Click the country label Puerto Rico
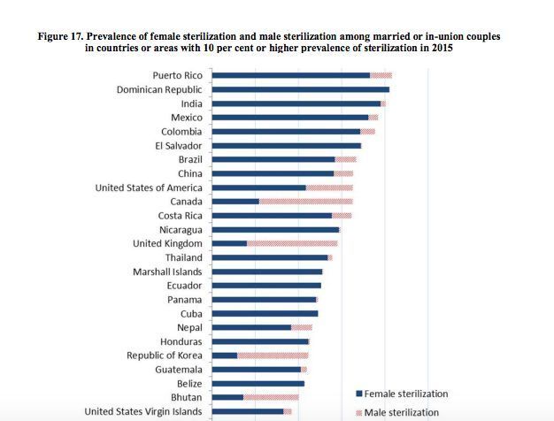pyautogui.click(x=177, y=75)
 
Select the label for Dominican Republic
pyautogui.click(x=159, y=89)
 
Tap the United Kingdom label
pyautogui.click(x=167, y=243)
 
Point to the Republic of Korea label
pyautogui.click(x=165, y=356)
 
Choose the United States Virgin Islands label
pyautogui.click(x=142, y=411)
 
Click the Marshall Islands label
pyautogui.click(x=167, y=272)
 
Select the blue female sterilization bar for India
pyautogui.click(x=296, y=103)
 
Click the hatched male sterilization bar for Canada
pyautogui.click(x=305, y=202)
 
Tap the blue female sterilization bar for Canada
pyautogui.click(x=235, y=202)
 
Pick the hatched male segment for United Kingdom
pyautogui.click(x=292, y=243)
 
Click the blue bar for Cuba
pyautogui.click(x=265, y=313)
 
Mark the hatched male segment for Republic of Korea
pyautogui.click(x=273, y=356)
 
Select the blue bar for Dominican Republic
pyautogui.click(x=301, y=89)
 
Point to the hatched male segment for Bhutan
pyautogui.click(x=271, y=397)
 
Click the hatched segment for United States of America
pyautogui.click(x=329, y=188)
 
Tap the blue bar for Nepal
pyautogui.click(x=251, y=327)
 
